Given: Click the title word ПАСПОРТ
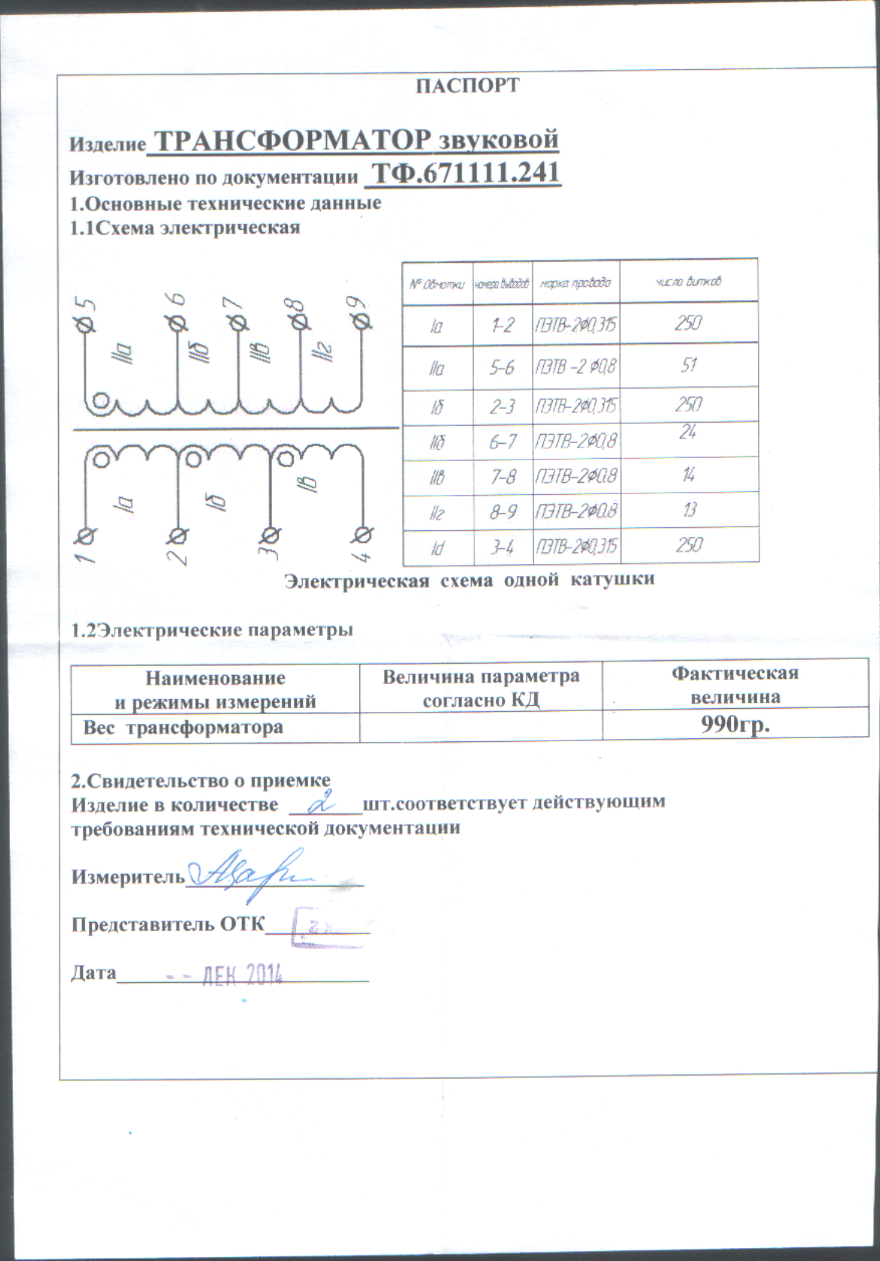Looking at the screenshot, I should click(x=468, y=85).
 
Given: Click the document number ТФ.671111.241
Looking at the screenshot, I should click(x=467, y=174).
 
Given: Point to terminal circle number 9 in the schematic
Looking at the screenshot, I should click(x=362, y=322).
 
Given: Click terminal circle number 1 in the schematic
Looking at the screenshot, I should click(x=87, y=536).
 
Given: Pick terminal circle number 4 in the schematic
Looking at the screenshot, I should click(x=362, y=535).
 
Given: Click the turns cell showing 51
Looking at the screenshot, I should click(x=688, y=366).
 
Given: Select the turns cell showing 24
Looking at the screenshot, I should click(x=687, y=432).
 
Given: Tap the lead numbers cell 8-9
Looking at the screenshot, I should click(x=502, y=511).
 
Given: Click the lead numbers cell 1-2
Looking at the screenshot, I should click(x=502, y=325).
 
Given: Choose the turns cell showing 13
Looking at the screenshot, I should click(x=689, y=510).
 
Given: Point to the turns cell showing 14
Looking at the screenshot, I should click(x=689, y=475).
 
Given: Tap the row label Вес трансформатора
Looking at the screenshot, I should click(x=183, y=728).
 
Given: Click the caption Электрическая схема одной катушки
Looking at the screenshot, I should click(x=469, y=580).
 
